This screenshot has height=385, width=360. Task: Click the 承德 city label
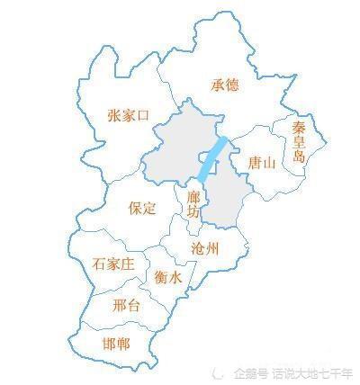point(224,85)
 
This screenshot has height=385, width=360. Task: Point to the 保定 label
point(143,208)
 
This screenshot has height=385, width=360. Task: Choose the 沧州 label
point(205,247)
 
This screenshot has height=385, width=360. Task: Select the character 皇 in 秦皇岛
point(300,144)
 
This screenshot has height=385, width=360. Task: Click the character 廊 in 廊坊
point(193,197)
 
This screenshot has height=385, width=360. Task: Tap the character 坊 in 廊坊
point(193,212)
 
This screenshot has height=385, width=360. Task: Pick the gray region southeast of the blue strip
point(224,198)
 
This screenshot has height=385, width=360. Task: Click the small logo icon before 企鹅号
point(224,372)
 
